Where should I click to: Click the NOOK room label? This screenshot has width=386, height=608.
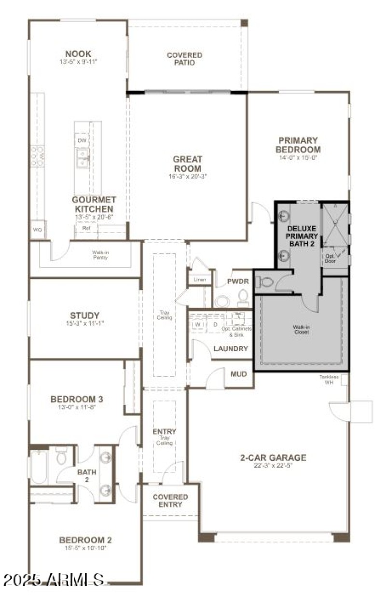[79, 54]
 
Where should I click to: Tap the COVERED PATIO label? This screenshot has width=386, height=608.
[184, 59]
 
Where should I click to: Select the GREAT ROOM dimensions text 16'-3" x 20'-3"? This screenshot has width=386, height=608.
[188, 177]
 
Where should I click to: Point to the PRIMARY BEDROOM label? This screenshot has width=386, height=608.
[298, 145]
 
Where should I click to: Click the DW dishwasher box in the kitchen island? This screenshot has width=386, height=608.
[82, 140]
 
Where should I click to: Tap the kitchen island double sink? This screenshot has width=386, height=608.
[82, 157]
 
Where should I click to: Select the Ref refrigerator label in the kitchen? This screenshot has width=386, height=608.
[86, 228]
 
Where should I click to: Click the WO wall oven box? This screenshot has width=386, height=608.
[37, 230]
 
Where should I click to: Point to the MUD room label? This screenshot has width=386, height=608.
[239, 374]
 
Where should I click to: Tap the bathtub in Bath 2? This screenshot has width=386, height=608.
[38, 467]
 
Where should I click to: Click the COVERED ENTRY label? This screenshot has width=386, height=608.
[170, 500]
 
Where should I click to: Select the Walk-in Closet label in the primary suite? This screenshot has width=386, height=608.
[301, 330]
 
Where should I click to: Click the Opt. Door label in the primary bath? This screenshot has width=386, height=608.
[330, 258]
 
